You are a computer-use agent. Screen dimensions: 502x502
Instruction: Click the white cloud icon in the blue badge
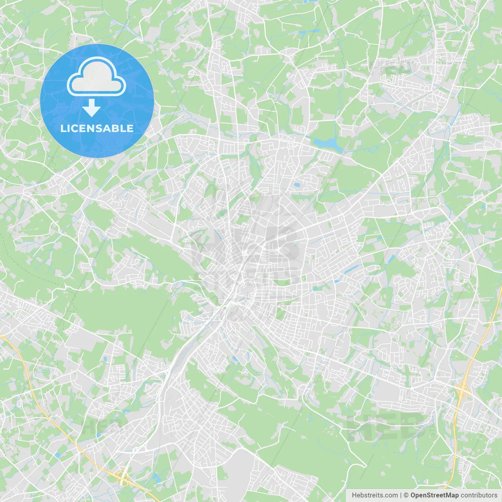96,76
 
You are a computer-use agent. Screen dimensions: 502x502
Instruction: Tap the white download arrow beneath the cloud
91,108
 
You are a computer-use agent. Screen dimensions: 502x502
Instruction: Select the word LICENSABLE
96,129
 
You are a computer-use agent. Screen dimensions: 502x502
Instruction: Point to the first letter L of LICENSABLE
63,129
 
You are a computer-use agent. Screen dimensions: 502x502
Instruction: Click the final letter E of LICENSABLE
130,129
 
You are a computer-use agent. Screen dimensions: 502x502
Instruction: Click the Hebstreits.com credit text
375,495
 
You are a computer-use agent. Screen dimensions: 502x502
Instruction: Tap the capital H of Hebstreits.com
354,495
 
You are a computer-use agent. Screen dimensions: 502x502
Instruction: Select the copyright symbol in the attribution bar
406,495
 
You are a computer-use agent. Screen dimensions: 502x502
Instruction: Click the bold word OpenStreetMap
434,495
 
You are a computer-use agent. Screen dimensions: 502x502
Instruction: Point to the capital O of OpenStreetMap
413,495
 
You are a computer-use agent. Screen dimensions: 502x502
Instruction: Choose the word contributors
479,495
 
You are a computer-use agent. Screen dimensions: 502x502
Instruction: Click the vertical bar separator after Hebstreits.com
401,495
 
